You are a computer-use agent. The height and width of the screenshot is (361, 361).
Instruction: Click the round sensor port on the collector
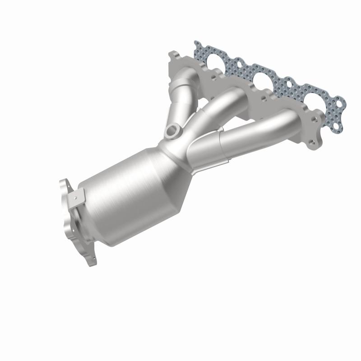click(172, 131)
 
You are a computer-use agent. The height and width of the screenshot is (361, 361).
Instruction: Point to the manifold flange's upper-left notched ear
click(174, 56)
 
